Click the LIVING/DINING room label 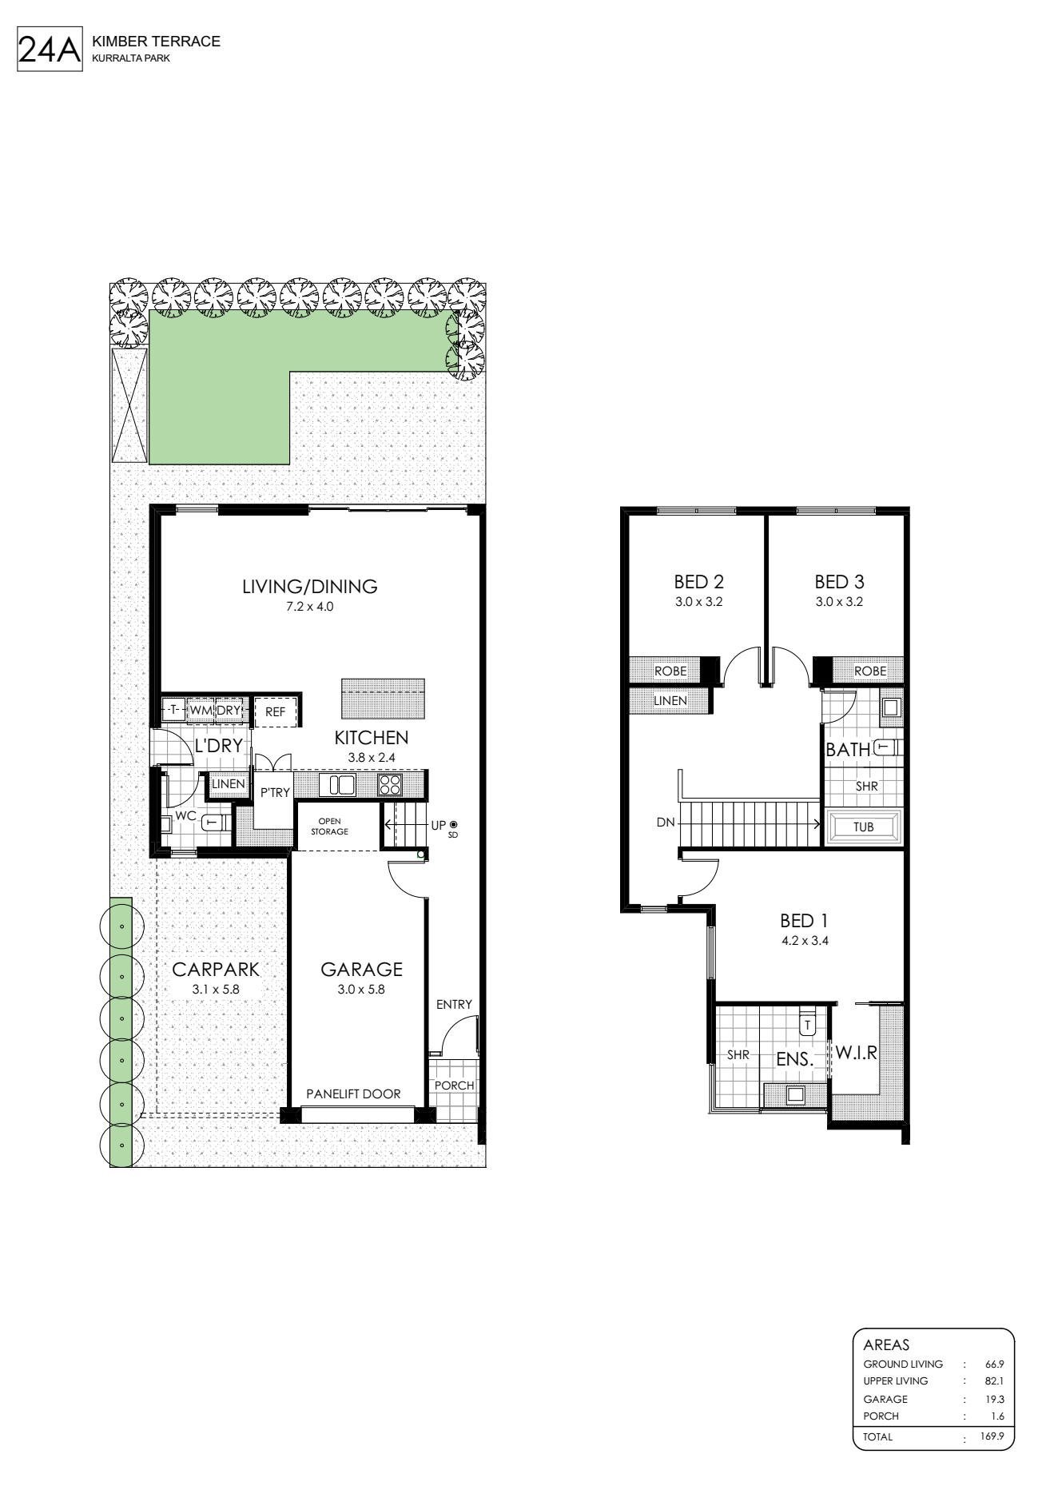tap(310, 586)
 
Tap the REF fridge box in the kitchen tap(276, 711)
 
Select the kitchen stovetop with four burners tap(390, 785)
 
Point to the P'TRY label tap(275, 793)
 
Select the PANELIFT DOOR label tap(354, 1094)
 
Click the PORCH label tap(454, 1086)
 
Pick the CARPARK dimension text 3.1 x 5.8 tap(216, 989)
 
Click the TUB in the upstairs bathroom tap(864, 827)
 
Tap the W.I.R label tap(857, 1054)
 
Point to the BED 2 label tap(698, 582)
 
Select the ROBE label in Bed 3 tap(870, 671)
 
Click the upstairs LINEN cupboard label tap(670, 700)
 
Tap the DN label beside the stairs tap(666, 822)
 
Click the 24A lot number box tap(50, 50)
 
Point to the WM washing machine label tap(200, 710)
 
